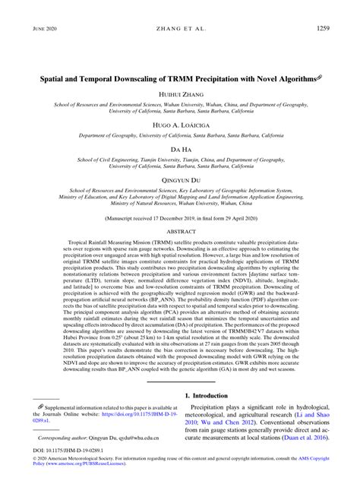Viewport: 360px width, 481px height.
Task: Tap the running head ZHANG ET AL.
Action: pos(180,29)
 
